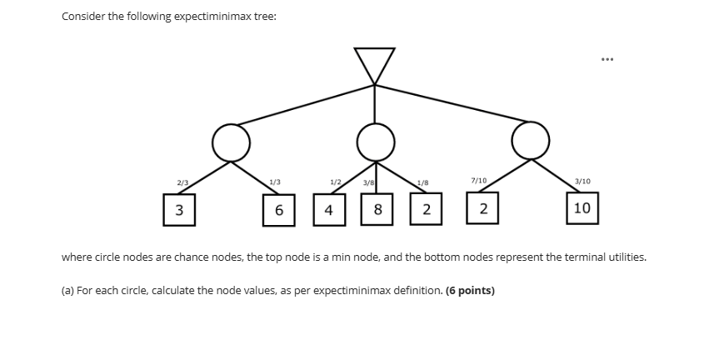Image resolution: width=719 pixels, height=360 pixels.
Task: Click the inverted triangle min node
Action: coord(374,63)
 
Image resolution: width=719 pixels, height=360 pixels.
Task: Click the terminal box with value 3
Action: coord(179,208)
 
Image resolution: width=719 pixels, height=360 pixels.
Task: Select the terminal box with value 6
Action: coord(278,209)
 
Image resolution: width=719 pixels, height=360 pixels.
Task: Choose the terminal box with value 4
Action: coord(329,209)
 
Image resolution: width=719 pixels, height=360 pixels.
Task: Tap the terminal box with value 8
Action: coord(377,209)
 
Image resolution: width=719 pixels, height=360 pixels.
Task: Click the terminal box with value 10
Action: coord(582,207)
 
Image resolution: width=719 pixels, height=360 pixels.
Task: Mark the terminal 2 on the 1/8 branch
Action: coord(427,209)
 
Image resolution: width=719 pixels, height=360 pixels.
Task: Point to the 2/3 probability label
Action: coord(182,182)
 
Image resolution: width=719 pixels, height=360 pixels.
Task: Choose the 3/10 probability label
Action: coord(582,181)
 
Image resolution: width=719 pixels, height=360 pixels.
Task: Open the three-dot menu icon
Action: coord(606,59)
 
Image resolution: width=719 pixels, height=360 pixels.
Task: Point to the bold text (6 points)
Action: coord(470,291)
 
